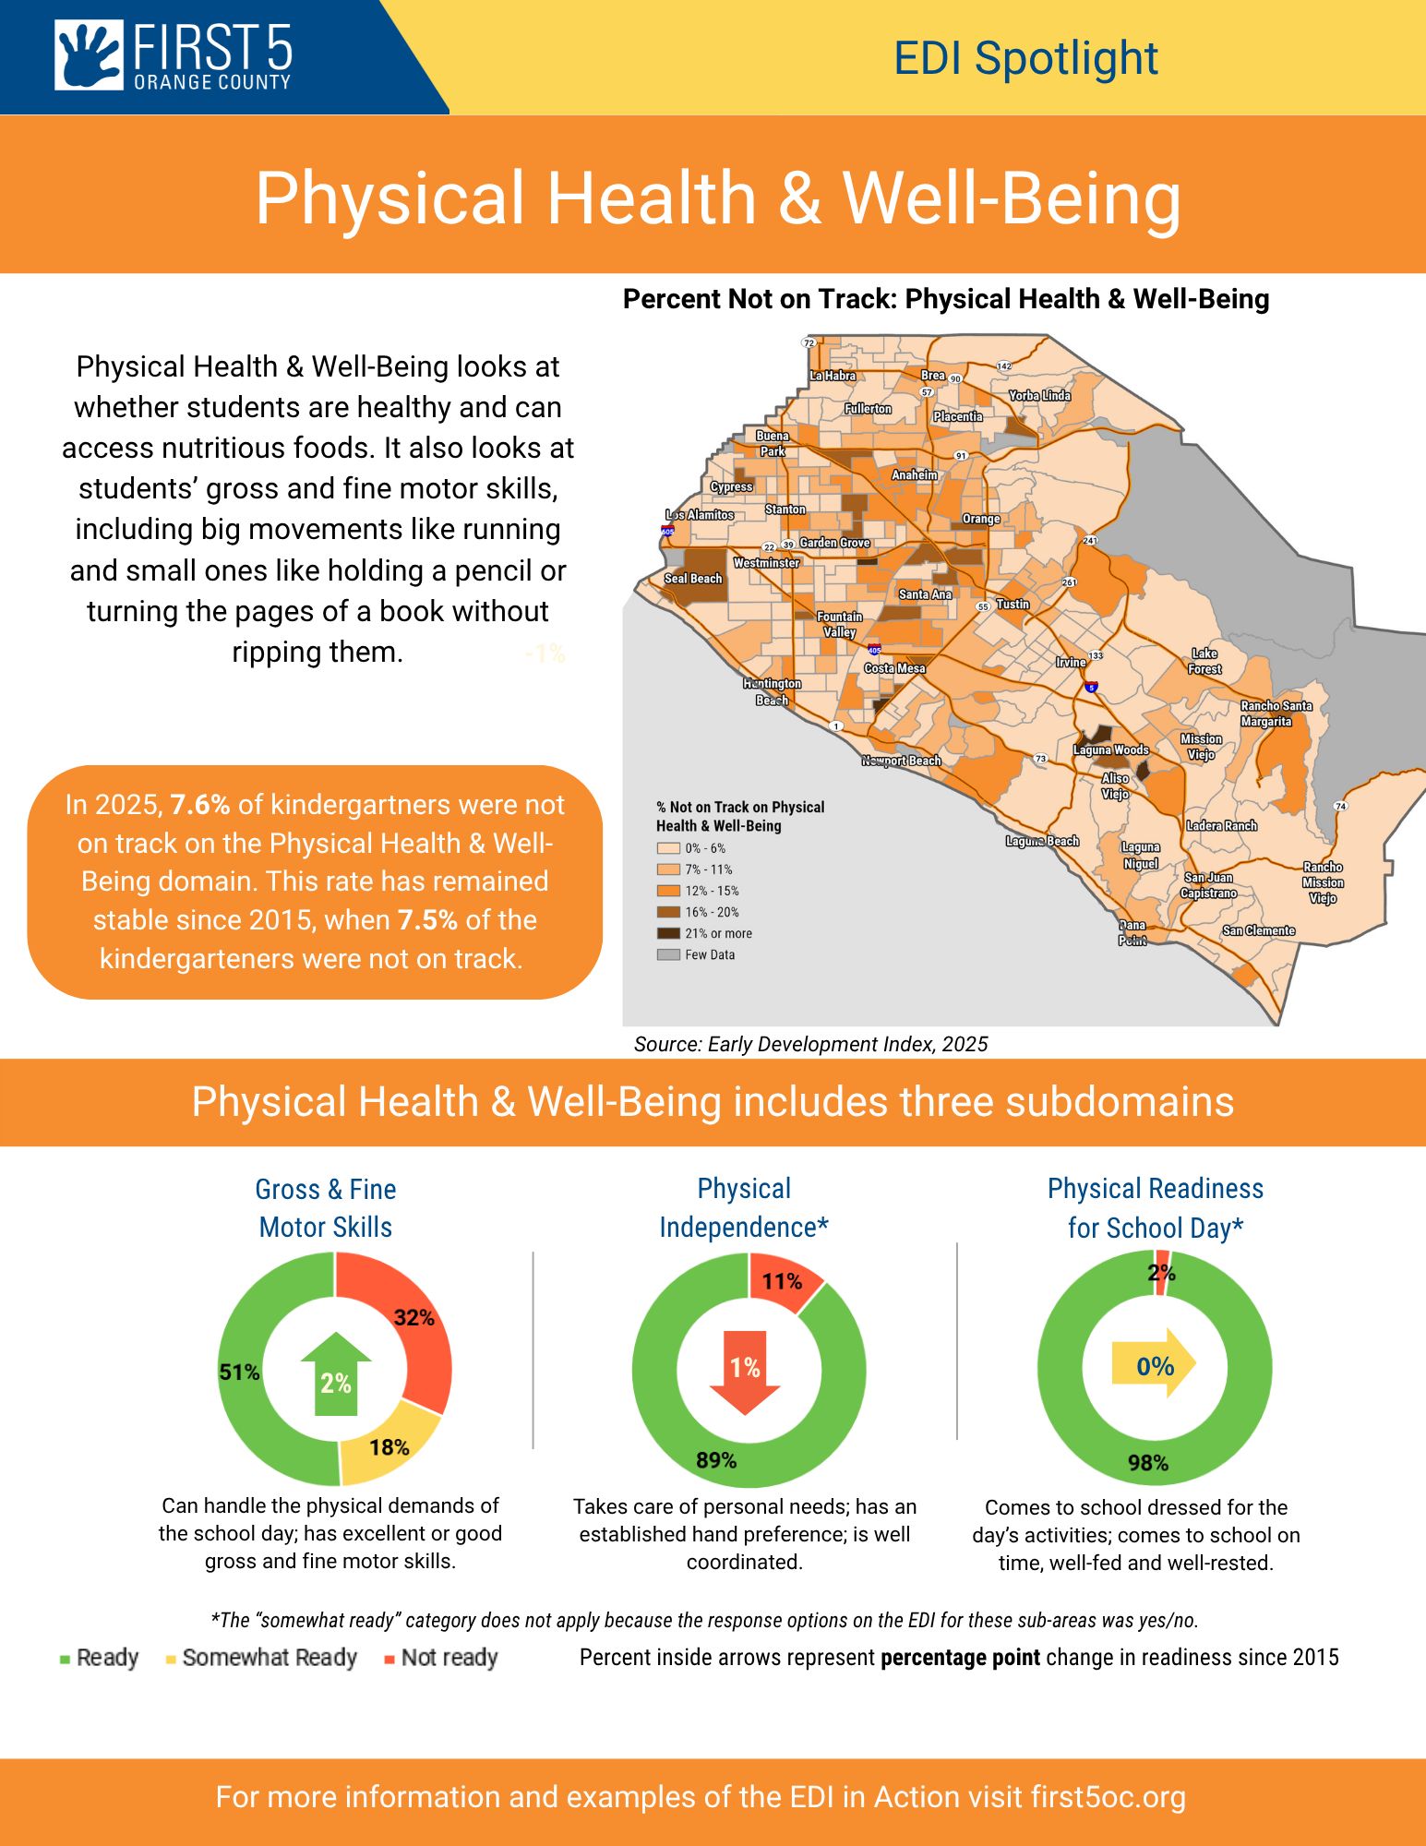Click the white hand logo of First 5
point(89,55)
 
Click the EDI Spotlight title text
point(1025,59)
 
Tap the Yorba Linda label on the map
point(1039,396)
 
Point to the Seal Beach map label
point(693,579)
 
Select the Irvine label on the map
point(1071,663)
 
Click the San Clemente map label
point(1258,930)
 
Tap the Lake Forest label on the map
point(1204,661)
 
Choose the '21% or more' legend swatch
point(668,933)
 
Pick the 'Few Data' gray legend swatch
point(668,954)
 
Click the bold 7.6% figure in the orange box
point(199,805)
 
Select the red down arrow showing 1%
point(745,1371)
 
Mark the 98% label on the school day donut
point(1147,1463)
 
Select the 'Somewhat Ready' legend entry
point(269,1658)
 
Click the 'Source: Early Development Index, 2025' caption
point(810,1044)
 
